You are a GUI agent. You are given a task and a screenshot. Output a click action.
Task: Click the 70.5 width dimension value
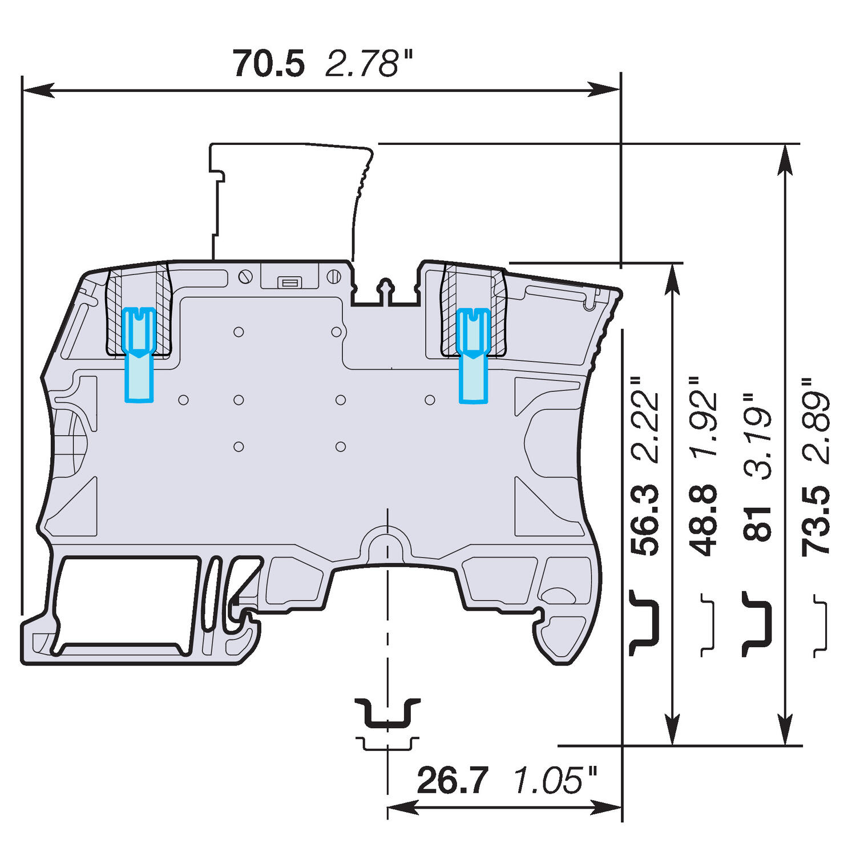pos(269,63)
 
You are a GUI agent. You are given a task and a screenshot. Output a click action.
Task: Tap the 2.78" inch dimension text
pos(368,63)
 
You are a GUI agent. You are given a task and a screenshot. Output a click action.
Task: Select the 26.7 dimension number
pos(453,780)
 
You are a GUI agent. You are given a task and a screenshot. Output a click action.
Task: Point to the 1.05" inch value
pos(555,780)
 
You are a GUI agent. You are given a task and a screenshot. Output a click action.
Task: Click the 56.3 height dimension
pos(645,519)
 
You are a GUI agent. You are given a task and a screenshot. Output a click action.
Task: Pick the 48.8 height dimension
pos(704,519)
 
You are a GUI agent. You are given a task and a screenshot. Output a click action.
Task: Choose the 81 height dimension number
pos(757,523)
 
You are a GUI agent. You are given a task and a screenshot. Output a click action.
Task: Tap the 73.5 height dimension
pos(815,519)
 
